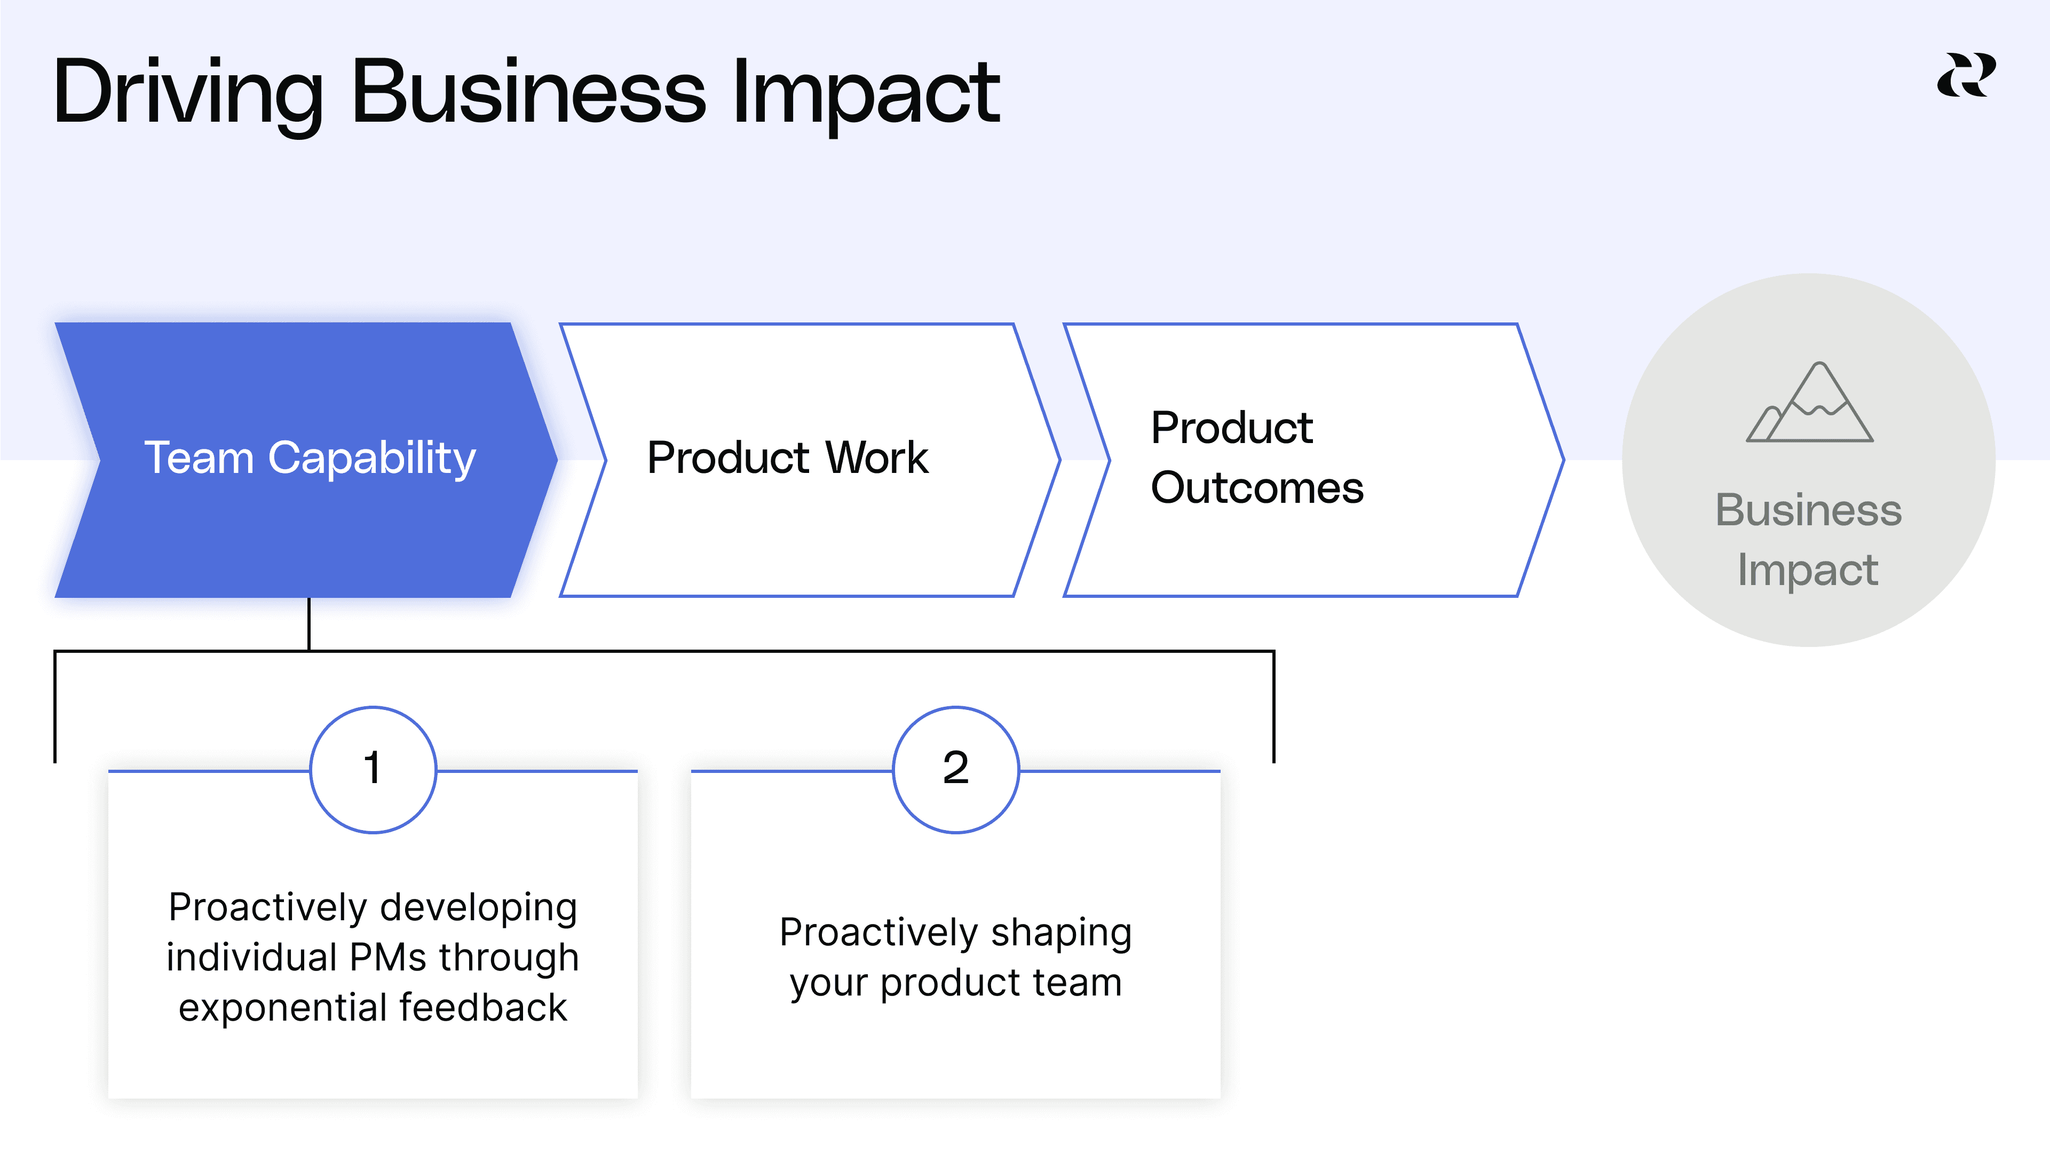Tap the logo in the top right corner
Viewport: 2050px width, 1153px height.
(1966, 76)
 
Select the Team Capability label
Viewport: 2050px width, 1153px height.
(310, 459)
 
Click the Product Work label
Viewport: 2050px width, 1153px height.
(787, 459)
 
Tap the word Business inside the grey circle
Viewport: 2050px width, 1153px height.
(1808, 510)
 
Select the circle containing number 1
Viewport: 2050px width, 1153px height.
(373, 769)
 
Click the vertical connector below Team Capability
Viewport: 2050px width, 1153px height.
(309, 624)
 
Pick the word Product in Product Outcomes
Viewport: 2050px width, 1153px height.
(1231, 428)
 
